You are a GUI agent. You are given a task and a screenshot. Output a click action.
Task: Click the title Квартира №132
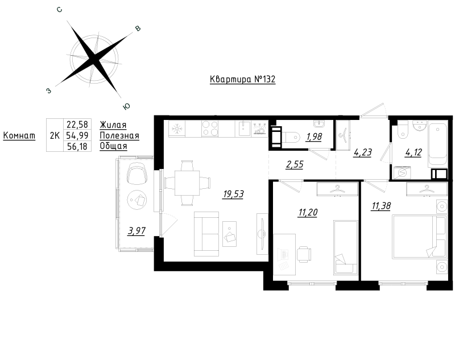(242, 80)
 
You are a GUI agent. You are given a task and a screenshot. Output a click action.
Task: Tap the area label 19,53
(233, 194)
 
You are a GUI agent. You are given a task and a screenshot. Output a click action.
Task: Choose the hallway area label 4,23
(362, 152)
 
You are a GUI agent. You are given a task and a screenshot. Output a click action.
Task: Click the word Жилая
(113, 125)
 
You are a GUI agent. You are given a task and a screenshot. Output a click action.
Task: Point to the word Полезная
(119, 135)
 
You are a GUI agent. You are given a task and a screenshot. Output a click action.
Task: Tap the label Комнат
(19, 135)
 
